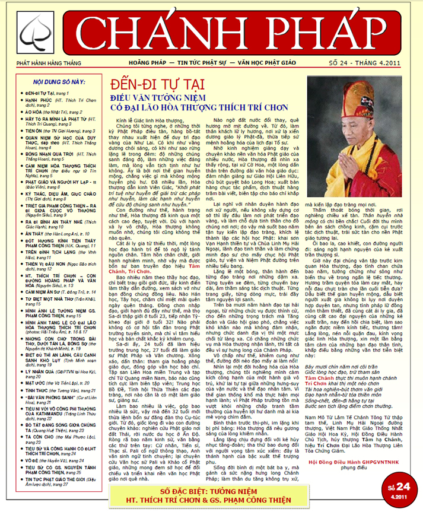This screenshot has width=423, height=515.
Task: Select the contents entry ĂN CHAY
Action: click(x=36, y=217)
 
